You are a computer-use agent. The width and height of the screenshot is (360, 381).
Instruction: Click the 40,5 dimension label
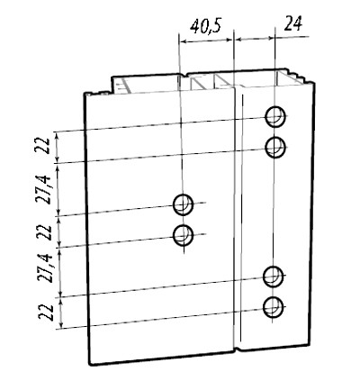click(x=206, y=25)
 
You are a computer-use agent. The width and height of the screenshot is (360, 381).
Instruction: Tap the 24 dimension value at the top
click(x=292, y=23)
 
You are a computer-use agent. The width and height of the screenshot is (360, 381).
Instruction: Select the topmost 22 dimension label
click(x=44, y=146)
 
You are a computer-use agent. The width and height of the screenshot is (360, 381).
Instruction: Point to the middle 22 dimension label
click(x=46, y=232)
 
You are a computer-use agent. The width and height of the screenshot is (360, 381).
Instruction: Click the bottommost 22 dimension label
click(x=46, y=313)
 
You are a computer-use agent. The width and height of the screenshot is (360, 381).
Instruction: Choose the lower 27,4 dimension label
click(x=45, y=268)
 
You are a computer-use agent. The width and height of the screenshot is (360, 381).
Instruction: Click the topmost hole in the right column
click(x=275, y=116)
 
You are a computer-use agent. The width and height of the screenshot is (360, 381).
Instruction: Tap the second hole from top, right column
click(x=275, y=147)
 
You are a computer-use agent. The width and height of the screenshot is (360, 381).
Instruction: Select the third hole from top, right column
click(x=273, y=277)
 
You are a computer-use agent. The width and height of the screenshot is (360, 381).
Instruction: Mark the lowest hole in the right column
click(x=273, y=307)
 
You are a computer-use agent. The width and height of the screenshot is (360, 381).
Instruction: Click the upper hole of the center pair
click(x=183, y=204)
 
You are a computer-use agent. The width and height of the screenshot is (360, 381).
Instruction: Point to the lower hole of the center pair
click(x=183, y=235)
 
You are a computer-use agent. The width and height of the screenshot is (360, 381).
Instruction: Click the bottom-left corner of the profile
click(x=90, y=365)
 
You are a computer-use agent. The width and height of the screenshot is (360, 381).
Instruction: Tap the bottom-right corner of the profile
click(x=310, y=346)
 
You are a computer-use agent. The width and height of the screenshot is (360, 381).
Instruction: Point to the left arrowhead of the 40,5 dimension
click(x=183, y=41)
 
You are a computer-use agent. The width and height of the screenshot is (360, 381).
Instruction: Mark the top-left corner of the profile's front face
click(x=85, y=95)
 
